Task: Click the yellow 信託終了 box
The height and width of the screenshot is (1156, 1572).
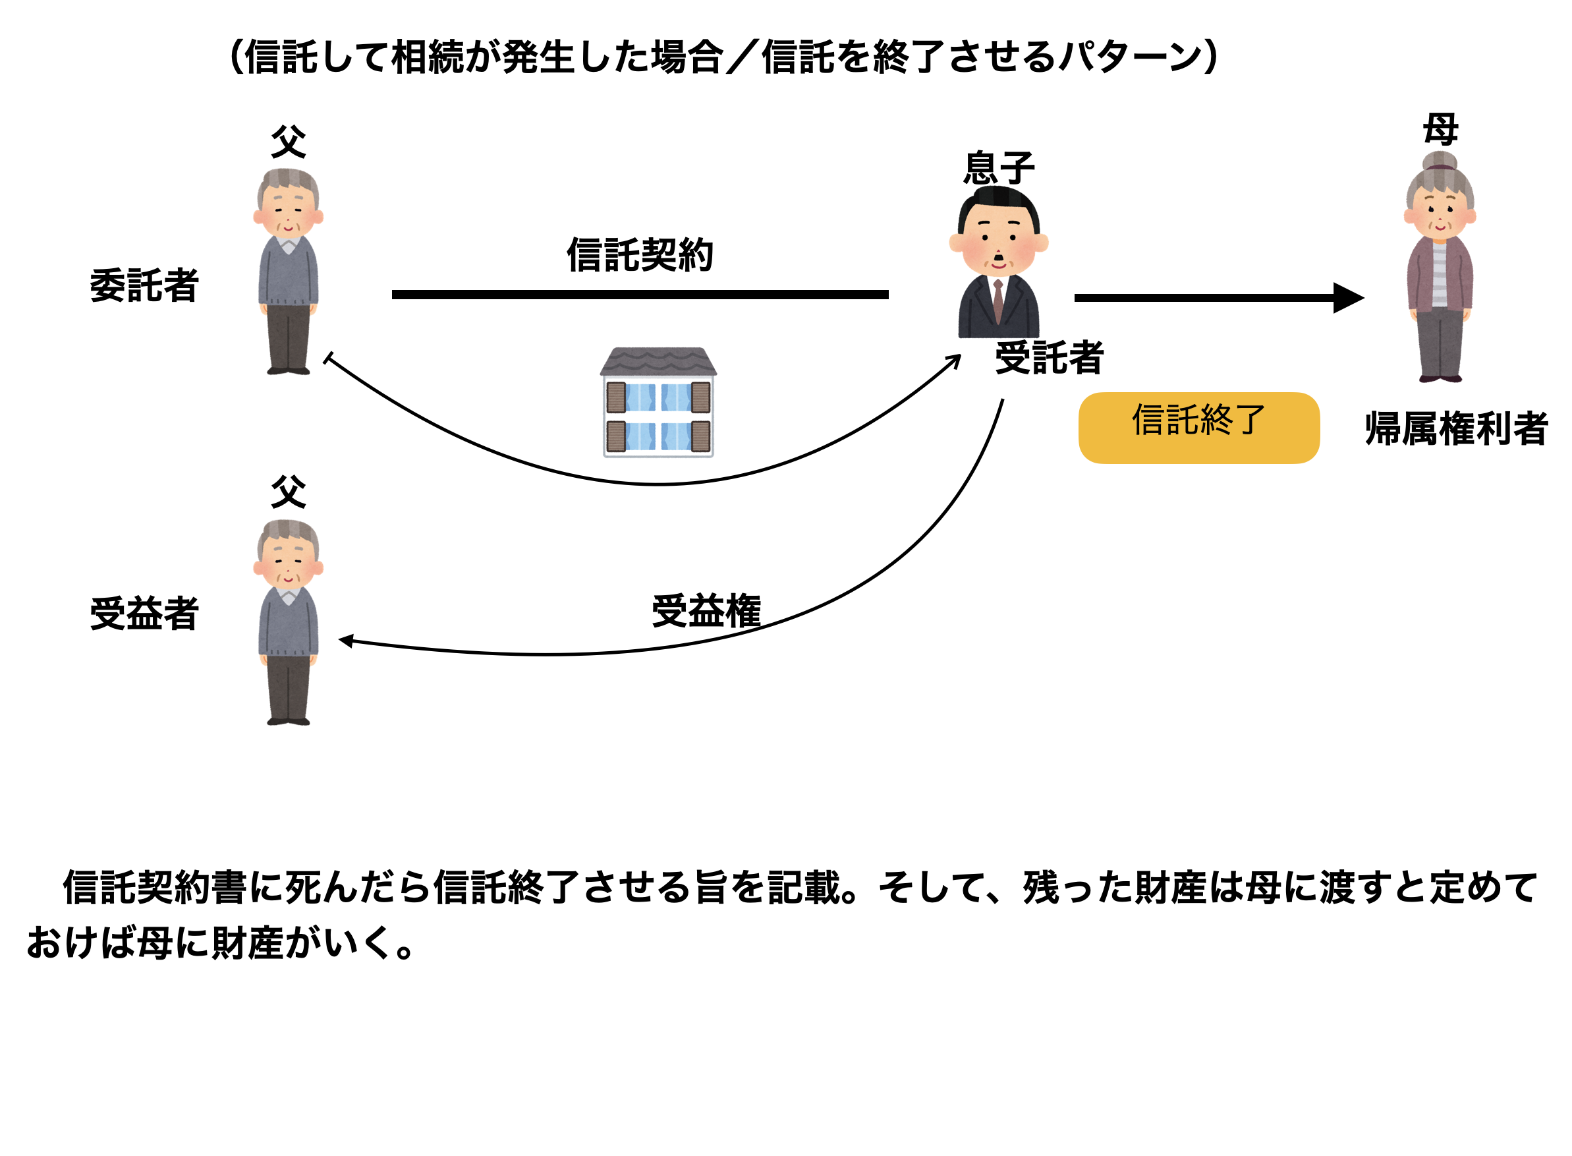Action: [1198, 428]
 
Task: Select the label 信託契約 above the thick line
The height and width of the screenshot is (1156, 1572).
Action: [640, 254]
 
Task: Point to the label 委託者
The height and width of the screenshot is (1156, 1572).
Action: [144, 285]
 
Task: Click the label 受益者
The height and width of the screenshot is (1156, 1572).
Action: [144, 614]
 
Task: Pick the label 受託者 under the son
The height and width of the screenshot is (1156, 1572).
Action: [1049, 358]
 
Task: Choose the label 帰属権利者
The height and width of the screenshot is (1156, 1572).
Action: [1456, 428]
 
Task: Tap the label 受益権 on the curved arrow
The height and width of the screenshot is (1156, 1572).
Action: [706, 610]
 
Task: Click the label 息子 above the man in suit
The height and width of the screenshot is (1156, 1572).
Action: [998, 168]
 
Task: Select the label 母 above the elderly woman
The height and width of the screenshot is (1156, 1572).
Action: [1440, 129]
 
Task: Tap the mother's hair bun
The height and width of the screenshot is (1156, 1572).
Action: [1439, 161]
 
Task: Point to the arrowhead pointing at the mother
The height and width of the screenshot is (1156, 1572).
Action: [1349, 297]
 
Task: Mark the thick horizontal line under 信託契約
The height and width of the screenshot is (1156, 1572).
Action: [640, 295]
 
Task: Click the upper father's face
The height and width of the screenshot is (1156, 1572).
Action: [288, 210]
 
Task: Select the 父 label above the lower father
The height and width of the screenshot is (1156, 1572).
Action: [288, 491]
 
